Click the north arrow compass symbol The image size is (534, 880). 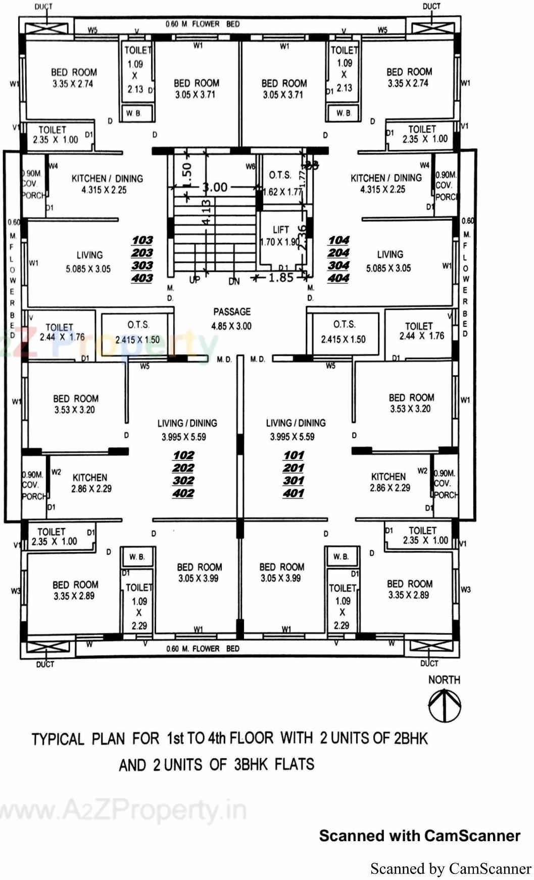click(444, 706)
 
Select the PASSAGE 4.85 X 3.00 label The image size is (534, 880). click(231, 319)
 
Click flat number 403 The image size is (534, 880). click(142, 278)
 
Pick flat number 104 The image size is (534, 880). click(338, 240)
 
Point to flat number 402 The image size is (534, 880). click(183, 493)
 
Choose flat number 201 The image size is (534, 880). click(294, 468)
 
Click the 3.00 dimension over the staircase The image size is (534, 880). click(215, 187)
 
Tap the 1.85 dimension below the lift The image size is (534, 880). click(280, 277)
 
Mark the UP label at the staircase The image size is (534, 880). click(195, 280)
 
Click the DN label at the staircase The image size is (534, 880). click(234, 281)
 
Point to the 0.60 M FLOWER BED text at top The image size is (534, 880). click(202, 24)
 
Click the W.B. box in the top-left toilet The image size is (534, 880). click(133, 113)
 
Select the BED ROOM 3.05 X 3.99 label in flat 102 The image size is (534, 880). click(199, 572)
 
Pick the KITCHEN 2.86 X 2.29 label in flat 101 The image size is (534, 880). click(389, 482)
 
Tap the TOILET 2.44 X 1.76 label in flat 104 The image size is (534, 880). click(418, 331)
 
